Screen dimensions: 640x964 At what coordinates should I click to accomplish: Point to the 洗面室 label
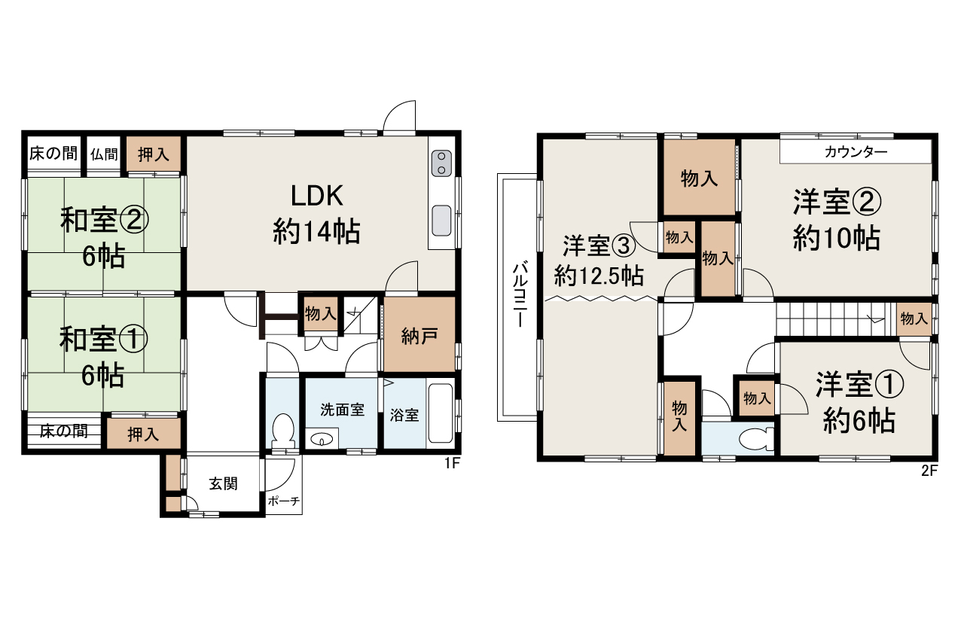coord(342,410)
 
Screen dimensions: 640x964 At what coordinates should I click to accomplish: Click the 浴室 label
coord(404,415)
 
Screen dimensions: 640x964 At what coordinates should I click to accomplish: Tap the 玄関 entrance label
coord(223,483)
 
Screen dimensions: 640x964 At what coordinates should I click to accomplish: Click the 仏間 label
coord(105,154)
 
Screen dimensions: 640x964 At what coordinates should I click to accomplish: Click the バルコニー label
coord(519,294)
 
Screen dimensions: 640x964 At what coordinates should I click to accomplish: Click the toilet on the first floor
coord(283,429)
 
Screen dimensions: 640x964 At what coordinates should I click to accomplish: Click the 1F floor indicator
coord(450,464)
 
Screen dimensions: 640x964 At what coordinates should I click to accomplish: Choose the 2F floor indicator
coord(929,472)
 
